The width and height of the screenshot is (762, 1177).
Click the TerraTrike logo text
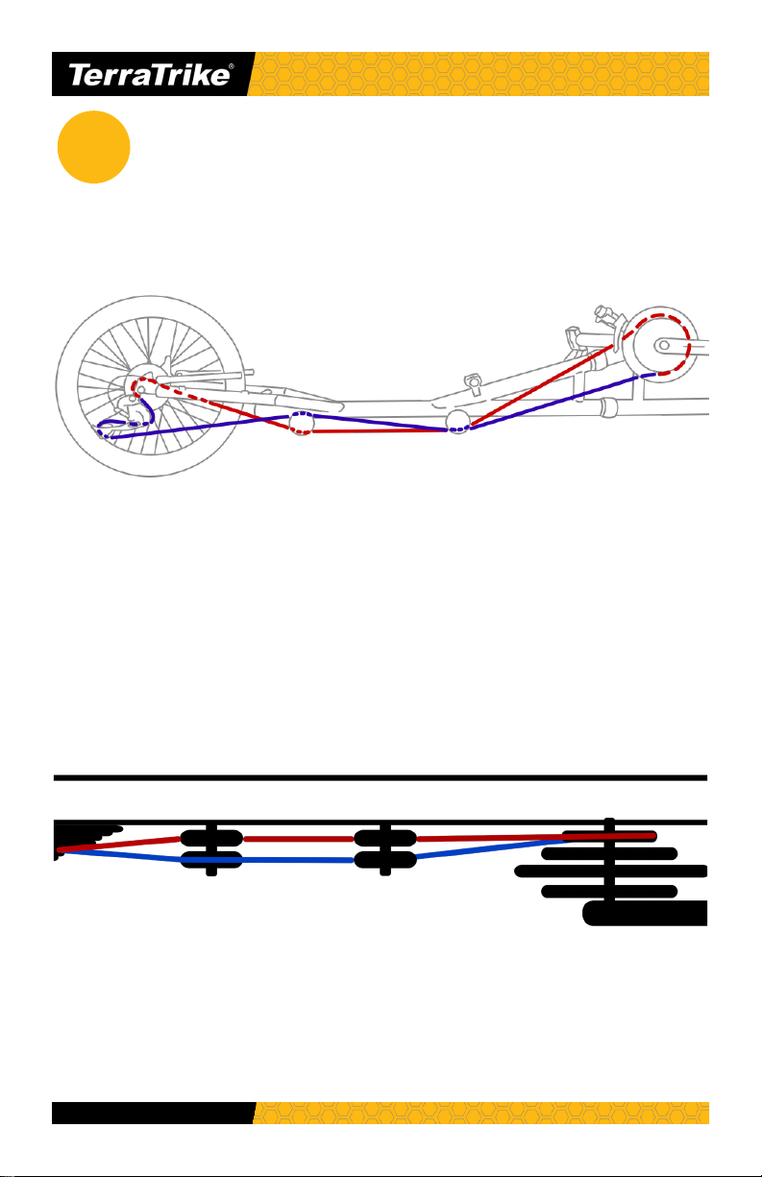pyautogui.click(x=149, y=75)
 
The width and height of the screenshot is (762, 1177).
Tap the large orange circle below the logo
pyautogui.click(x=93, y=147)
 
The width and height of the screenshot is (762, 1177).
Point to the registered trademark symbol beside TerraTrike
pyautogui.click(x=232, y=66)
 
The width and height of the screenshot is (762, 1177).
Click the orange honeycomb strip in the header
pyautogui.click(x=479, y=74)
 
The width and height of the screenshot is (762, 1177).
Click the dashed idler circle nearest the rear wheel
pyautogui.click(x=302, y=423)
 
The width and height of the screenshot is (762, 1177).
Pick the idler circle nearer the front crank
pyautogui.click(x=457, y=422)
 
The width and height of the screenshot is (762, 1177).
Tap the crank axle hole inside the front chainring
pyautogui.click(x=664, y=345)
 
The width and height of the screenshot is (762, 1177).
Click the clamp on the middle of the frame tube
pyautogui.click(x=473, y=384)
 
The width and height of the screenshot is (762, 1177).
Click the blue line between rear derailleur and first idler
pyautogui.click(x=200, y=427)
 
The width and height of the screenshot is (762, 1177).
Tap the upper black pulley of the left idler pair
pyautogui.click(x=211, y=838)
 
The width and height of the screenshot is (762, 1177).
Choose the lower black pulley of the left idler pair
pyautogui.click(x=211, y=860)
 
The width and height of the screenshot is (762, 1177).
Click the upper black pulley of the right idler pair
pyautogui.click(x=385, y=838)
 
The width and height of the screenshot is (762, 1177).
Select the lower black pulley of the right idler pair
pyautogui.click(x=385, y=860)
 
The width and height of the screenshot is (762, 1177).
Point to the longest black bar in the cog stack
pyautogui.click(x=610, y=871)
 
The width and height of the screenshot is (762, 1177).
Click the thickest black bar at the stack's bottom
pyautogui.click(x=645, y=913)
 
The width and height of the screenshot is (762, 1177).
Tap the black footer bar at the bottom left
pyautogui.click(x=154, y=1113)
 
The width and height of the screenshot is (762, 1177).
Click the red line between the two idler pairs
pyautogui.click(x=299, y=839)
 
